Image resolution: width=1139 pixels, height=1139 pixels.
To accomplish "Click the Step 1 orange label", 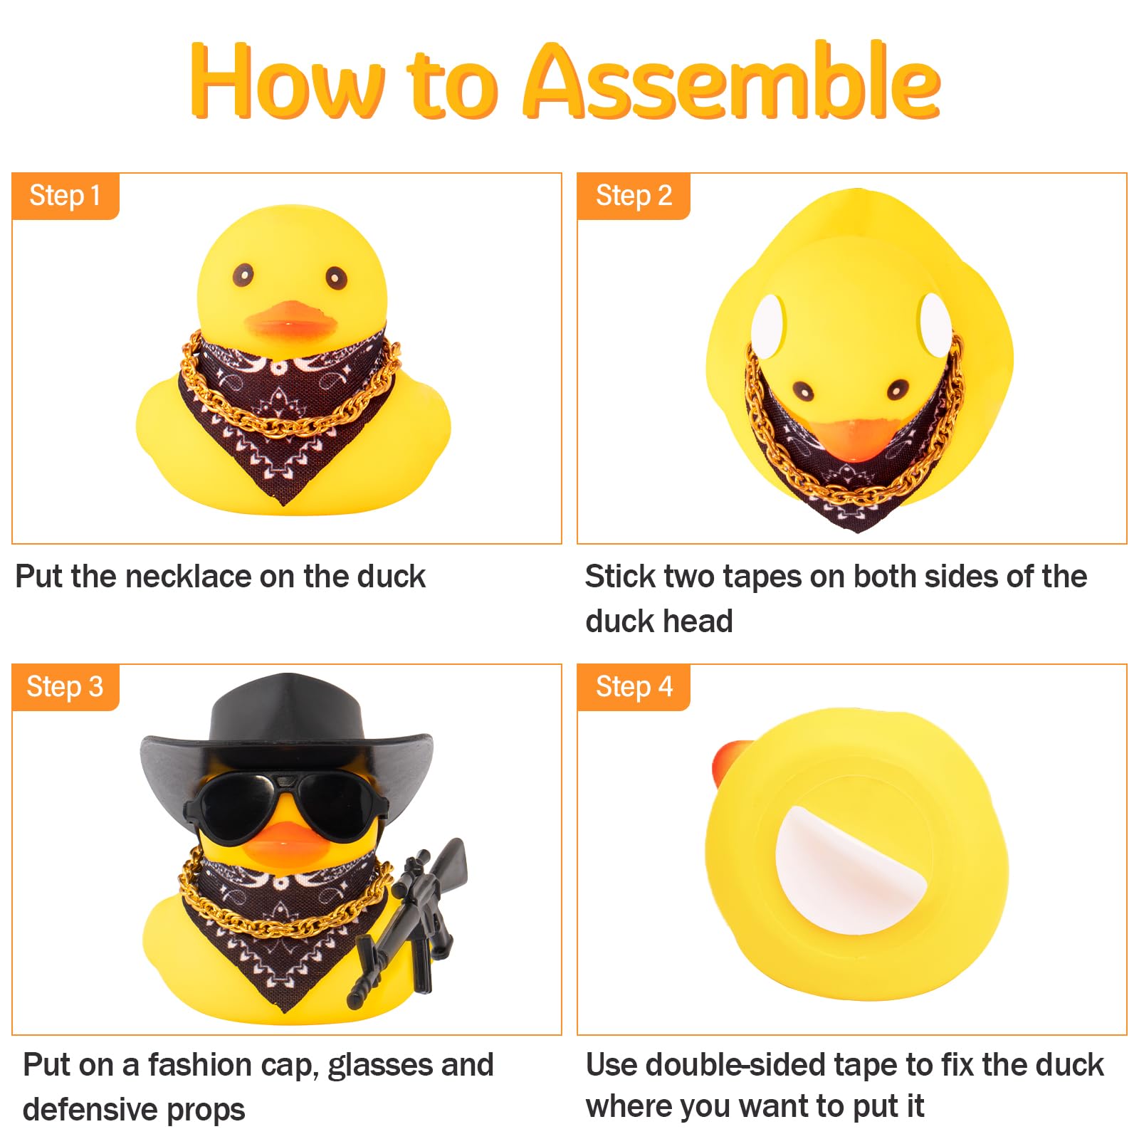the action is coord(65,196).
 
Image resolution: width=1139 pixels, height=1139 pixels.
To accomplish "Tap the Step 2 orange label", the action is coord(634,196).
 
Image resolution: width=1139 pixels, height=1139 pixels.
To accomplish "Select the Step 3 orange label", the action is coord(65,687).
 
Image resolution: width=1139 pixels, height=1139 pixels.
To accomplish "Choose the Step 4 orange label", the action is coord(634,687).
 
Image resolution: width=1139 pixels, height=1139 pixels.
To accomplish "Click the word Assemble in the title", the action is coord(733,80).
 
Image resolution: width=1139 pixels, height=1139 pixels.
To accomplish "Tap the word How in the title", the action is coord(288,80).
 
